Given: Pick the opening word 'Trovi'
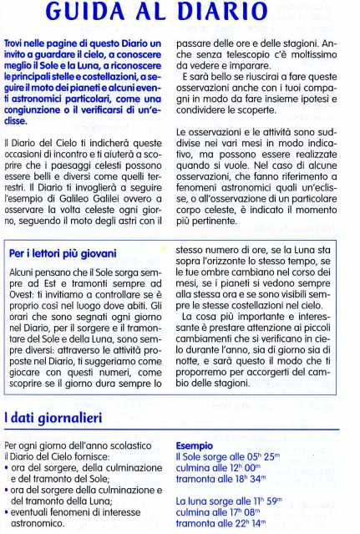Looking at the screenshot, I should point(18,41).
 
